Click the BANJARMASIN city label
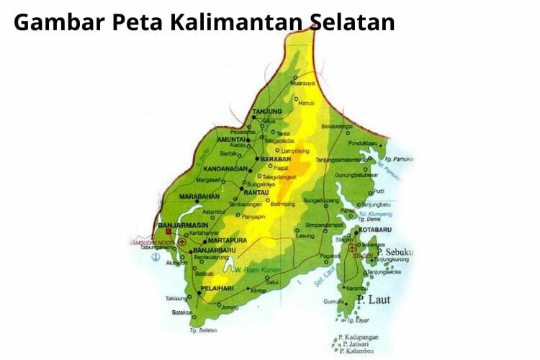tap(177, 226)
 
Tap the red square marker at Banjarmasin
tap(168, 233)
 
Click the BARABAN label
tap(275, 157)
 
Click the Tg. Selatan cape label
tap(204, 331)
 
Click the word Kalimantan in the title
tap(233, 22)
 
